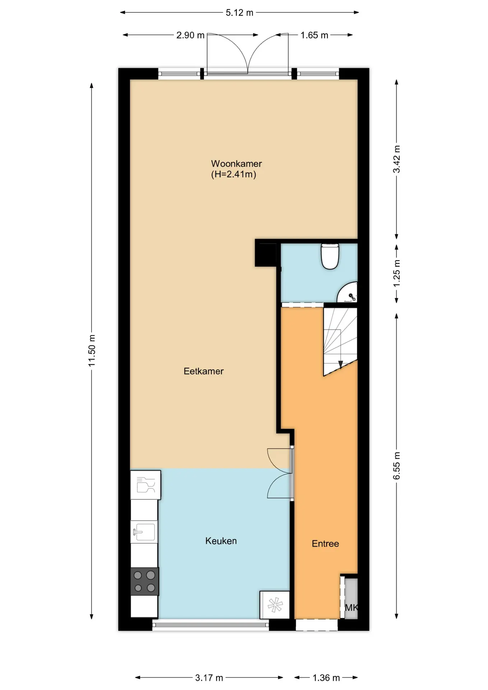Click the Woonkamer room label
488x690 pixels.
click(236, 164)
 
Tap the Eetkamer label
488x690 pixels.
click(203, 371)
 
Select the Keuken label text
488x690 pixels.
click(221, 541)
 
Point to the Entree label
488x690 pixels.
click(325, 544)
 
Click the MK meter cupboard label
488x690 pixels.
click(351, 608)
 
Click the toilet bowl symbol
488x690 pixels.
click(330, 256)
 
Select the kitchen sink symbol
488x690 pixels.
click(144, 532)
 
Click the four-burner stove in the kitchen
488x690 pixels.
click(144, 581)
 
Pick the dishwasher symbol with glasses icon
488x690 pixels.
click(146, 485)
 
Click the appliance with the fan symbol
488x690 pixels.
click(275, 605)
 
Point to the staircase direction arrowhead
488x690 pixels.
click(341, 365)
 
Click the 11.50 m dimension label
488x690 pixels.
click(92, 351)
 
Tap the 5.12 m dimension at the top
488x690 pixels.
click(239, 13)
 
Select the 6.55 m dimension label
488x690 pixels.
click(396, 466)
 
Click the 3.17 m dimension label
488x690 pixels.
click(209, 678)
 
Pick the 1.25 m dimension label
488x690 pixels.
click(396, 273)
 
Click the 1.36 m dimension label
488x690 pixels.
click(326, 678)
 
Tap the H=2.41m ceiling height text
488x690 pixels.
click(234, 175)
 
